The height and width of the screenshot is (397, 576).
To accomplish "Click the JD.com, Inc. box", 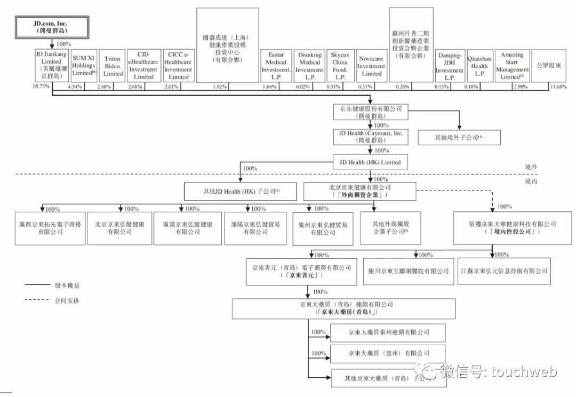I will pos(52,27).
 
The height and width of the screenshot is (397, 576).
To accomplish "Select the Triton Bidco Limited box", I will pos(113,66).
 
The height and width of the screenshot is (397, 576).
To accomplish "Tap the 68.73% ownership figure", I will pos(40,86).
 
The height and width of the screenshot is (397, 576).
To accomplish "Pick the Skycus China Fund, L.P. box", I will pos(340,66).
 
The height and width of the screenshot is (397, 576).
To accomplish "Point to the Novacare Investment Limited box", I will pos(371,66).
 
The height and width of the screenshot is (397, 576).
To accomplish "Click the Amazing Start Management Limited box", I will pos(511,66).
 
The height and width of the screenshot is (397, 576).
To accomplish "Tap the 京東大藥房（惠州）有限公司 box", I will pos(389,353).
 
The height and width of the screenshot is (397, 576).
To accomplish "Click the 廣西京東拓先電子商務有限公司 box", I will pos(50,228).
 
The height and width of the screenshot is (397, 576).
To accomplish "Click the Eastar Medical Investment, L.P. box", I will pos(276,66).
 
